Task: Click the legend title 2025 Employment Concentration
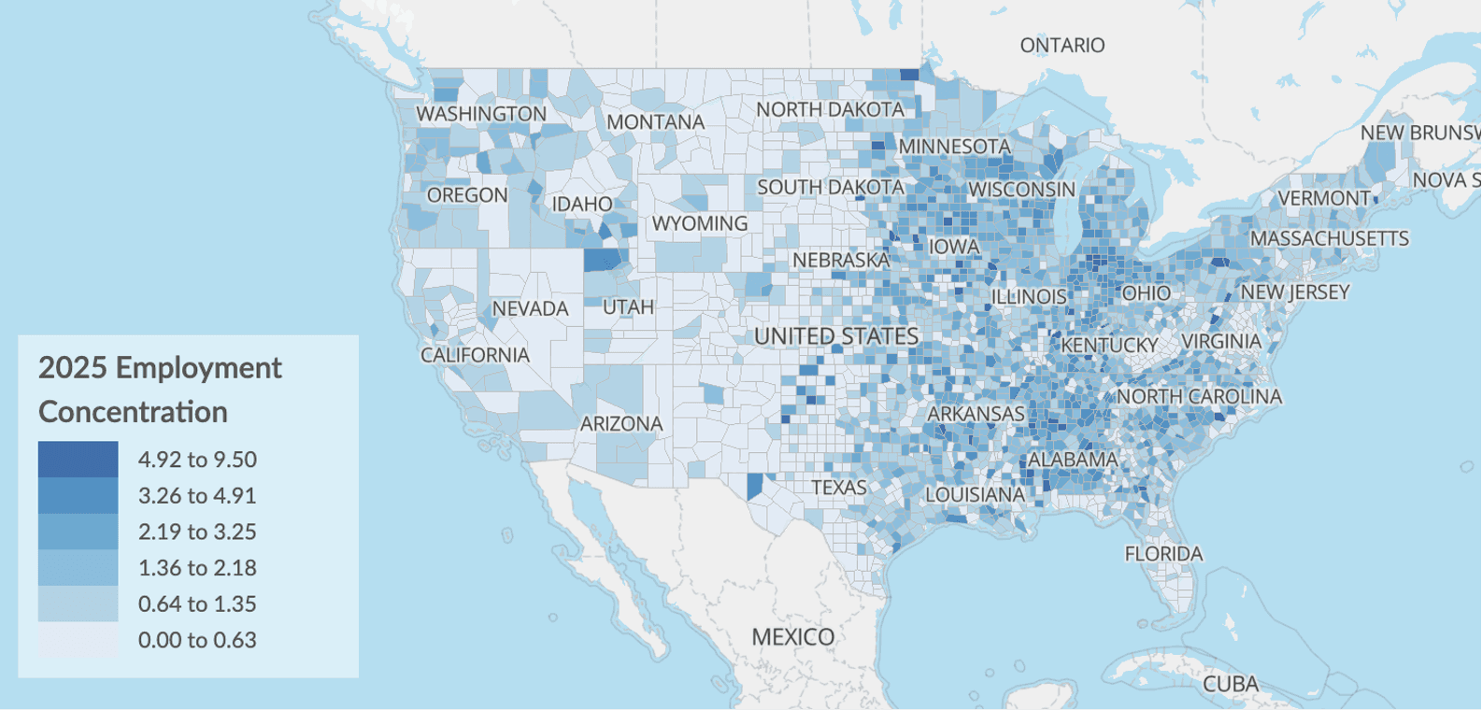(159, 389)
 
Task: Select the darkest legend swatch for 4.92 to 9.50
(78, 459)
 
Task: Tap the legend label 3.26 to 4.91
(197, 495)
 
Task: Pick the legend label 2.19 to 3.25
(197, 532)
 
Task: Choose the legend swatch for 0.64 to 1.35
(78, 603)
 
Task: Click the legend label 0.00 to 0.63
(197, 640)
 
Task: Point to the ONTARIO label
(1062, 45)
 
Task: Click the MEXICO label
(792, 636)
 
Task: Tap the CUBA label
(1230, 684)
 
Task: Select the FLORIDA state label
(1163, 554)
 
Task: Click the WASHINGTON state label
(481, 114)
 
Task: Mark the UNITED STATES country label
(836, 336)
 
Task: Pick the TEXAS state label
(838, 488)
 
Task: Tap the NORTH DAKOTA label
(830, 109)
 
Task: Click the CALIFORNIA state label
(475, 355)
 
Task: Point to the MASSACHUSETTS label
(1329, 238)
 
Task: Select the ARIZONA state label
(621, 424)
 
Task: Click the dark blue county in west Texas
(754, 486)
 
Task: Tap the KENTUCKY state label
(1109, 345)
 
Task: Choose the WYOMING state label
(700, 223)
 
